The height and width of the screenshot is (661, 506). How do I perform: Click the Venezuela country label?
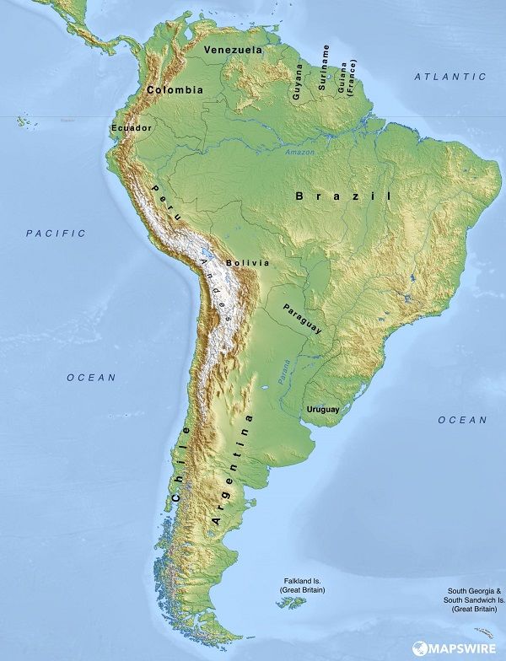pos(233,50)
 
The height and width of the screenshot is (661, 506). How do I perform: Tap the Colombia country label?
pos(175,89)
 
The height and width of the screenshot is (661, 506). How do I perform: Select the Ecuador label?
pos(131,128)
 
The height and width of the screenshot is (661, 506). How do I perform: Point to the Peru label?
pos(166,202)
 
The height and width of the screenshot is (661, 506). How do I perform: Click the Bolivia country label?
pos(248,263)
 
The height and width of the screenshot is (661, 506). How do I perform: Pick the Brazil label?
pos(344,196)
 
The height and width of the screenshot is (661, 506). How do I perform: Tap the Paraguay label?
pos(302,319)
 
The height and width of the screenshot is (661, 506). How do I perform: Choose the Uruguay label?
pos(322,410)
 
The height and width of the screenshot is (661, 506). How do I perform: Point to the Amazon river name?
pos(299,152)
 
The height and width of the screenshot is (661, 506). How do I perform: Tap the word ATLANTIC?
pos(449,77)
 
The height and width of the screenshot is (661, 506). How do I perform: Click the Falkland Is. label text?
pos(302,585)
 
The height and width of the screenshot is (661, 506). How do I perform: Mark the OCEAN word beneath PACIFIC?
pos(91,378)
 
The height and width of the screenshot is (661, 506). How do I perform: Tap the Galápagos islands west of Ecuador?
pos(23,121)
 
